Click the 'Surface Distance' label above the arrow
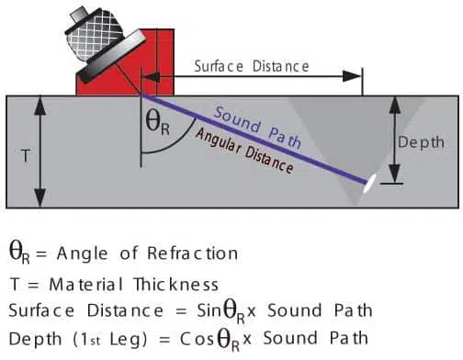[252, 66]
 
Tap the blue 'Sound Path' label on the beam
[257, 127]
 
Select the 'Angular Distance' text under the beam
[244, 151]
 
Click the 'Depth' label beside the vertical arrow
[421, 142]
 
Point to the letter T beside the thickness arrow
[26, 155]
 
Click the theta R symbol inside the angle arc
[157, 124]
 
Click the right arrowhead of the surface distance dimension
[352, 76]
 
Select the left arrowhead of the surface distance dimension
[151, 77]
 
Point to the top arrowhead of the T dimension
[40, 105]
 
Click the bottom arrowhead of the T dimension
[40, 198]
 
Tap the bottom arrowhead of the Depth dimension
[395, 174]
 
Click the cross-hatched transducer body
[95, 33]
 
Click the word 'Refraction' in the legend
[192, 253]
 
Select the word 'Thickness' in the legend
[176, 285]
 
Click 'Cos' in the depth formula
[197, 339]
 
